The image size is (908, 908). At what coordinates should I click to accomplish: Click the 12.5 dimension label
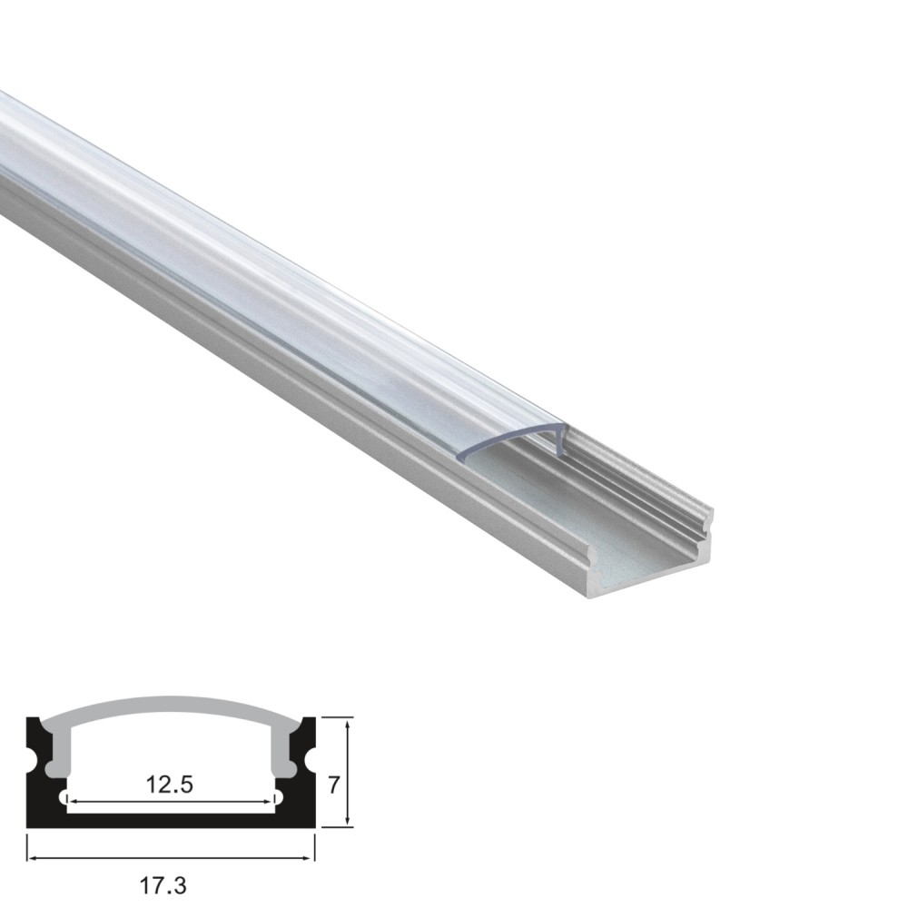[x=169, y=785]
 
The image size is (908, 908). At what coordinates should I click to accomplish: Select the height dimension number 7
[x=333, y=785]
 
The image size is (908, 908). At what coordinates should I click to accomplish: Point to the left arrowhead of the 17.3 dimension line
[x=33, y=858]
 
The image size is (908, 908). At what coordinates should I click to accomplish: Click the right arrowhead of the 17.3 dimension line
[x=309, y=858]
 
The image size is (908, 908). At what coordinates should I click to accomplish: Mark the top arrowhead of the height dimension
[x=347, y=725]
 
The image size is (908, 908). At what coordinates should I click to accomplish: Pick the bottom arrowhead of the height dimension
[x=347, y=820]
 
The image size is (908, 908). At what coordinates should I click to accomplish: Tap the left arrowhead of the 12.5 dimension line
[x=73, y=802]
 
